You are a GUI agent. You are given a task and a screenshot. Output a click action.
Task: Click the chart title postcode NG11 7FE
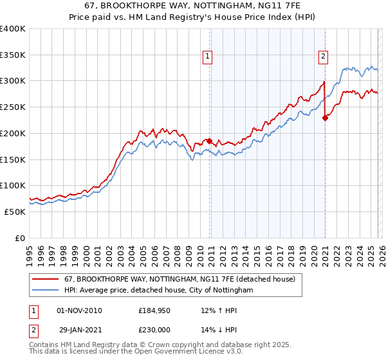click(256, 6)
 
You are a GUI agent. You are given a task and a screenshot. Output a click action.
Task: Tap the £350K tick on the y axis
click(13, 55)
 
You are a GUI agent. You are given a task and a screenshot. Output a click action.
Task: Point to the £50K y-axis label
click(15, 212)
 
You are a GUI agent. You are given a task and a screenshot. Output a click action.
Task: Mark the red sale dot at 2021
click(326, 117)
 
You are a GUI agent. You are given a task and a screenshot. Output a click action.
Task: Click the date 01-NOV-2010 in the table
click(80, 310)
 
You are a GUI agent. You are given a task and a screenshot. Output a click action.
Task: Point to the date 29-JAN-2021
click(79, 329)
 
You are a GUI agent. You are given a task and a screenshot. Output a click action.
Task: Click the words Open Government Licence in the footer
click(173, 354)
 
